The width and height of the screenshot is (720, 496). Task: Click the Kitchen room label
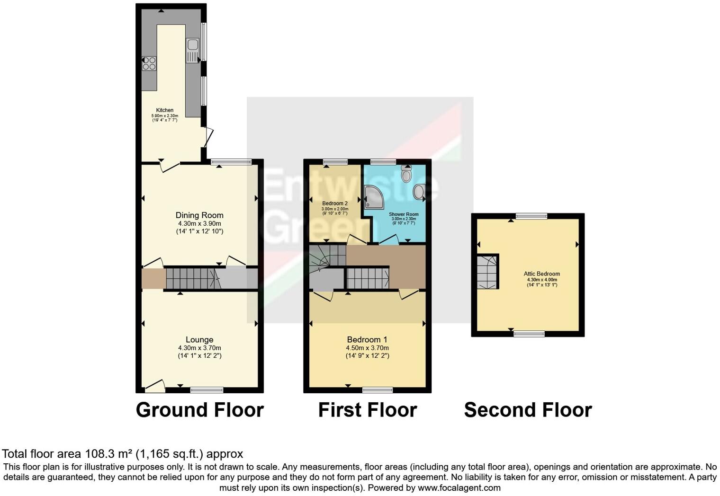pyautogui.click(x=165, y=110)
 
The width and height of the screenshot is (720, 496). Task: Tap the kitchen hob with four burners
pyautogui.click(x=149, y=63)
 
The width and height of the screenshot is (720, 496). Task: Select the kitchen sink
pyautogui.click(x=193, y=45)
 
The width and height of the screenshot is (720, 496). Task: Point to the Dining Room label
pyautogui.click(x=199, y=215)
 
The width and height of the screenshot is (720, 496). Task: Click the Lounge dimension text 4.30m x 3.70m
pyautogui.click(x=199, y=348)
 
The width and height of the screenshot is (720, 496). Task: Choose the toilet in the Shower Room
pyautogui.click(x=406, y=175)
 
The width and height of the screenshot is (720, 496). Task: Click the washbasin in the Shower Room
pyautogui.click(x=419, y=192)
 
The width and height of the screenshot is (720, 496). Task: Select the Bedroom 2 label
pyautogui.click(x=335, y=204)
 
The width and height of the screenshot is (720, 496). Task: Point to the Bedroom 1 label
pyautogui.click(x=367, y=339)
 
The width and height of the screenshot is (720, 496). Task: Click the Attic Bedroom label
pyautogui.click(x=541, y=274)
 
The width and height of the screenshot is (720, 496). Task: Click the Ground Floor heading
pyautogui.click(x=199, y=410)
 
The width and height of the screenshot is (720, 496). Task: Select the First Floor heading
pyautogui.click(x=367, y=410)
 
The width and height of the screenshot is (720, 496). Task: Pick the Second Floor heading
pyautogui.click(x=528, y=410)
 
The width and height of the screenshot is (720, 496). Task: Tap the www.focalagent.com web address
pyautogui.click(x=459, y=487)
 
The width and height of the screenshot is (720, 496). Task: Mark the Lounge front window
pyautogui.click(x=207, y=390)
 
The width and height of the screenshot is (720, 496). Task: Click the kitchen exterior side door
pyautogui.click(x=207, y=137)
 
